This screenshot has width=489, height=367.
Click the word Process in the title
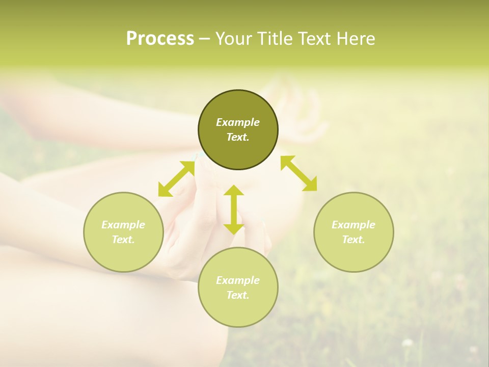click(x=160, y=39)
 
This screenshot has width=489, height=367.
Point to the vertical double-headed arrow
click(x=234, y=209)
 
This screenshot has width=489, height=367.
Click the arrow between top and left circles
click(x=176, y=179)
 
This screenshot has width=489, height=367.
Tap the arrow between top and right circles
click(x=298, y=173)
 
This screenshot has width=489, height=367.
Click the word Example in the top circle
click(x=238, y=122)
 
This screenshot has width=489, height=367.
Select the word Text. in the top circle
click(x=238, y=137)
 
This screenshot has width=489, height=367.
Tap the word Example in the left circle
click(x=123, y=225)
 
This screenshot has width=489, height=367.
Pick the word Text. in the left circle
click(x=123, y=240)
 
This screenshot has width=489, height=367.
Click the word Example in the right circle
click(x=354, y=225)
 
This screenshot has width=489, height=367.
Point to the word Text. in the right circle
click(x=354, y=240)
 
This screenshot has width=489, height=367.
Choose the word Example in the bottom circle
click(x=238, y=280)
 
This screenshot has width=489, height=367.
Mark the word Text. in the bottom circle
click(x=238, y=295)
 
